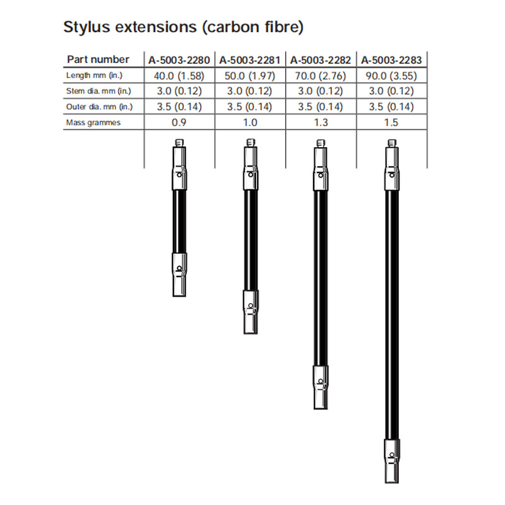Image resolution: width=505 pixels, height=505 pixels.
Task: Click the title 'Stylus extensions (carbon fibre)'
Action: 184,28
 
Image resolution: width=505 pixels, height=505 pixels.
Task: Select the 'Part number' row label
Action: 97,59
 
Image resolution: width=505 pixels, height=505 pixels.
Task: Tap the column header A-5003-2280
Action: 180,60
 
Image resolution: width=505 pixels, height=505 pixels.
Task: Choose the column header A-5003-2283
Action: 391,60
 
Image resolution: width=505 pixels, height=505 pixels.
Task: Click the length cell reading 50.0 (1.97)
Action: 251,75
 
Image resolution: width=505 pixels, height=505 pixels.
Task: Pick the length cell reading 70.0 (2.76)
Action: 321,75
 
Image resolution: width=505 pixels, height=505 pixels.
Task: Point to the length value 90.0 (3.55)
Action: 391,75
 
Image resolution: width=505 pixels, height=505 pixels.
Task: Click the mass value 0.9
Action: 180,122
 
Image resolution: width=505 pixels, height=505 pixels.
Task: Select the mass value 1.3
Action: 321,122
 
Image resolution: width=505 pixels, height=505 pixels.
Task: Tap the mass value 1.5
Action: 391,122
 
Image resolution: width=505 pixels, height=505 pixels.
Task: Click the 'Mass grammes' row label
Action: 93,122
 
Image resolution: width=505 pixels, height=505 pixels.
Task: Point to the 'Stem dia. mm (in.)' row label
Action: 98,91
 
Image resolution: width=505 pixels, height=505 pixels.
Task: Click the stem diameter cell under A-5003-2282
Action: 321,91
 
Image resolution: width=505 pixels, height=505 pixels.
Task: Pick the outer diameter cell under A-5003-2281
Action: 251,107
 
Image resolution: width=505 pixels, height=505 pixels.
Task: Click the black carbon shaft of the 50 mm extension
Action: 251,240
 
